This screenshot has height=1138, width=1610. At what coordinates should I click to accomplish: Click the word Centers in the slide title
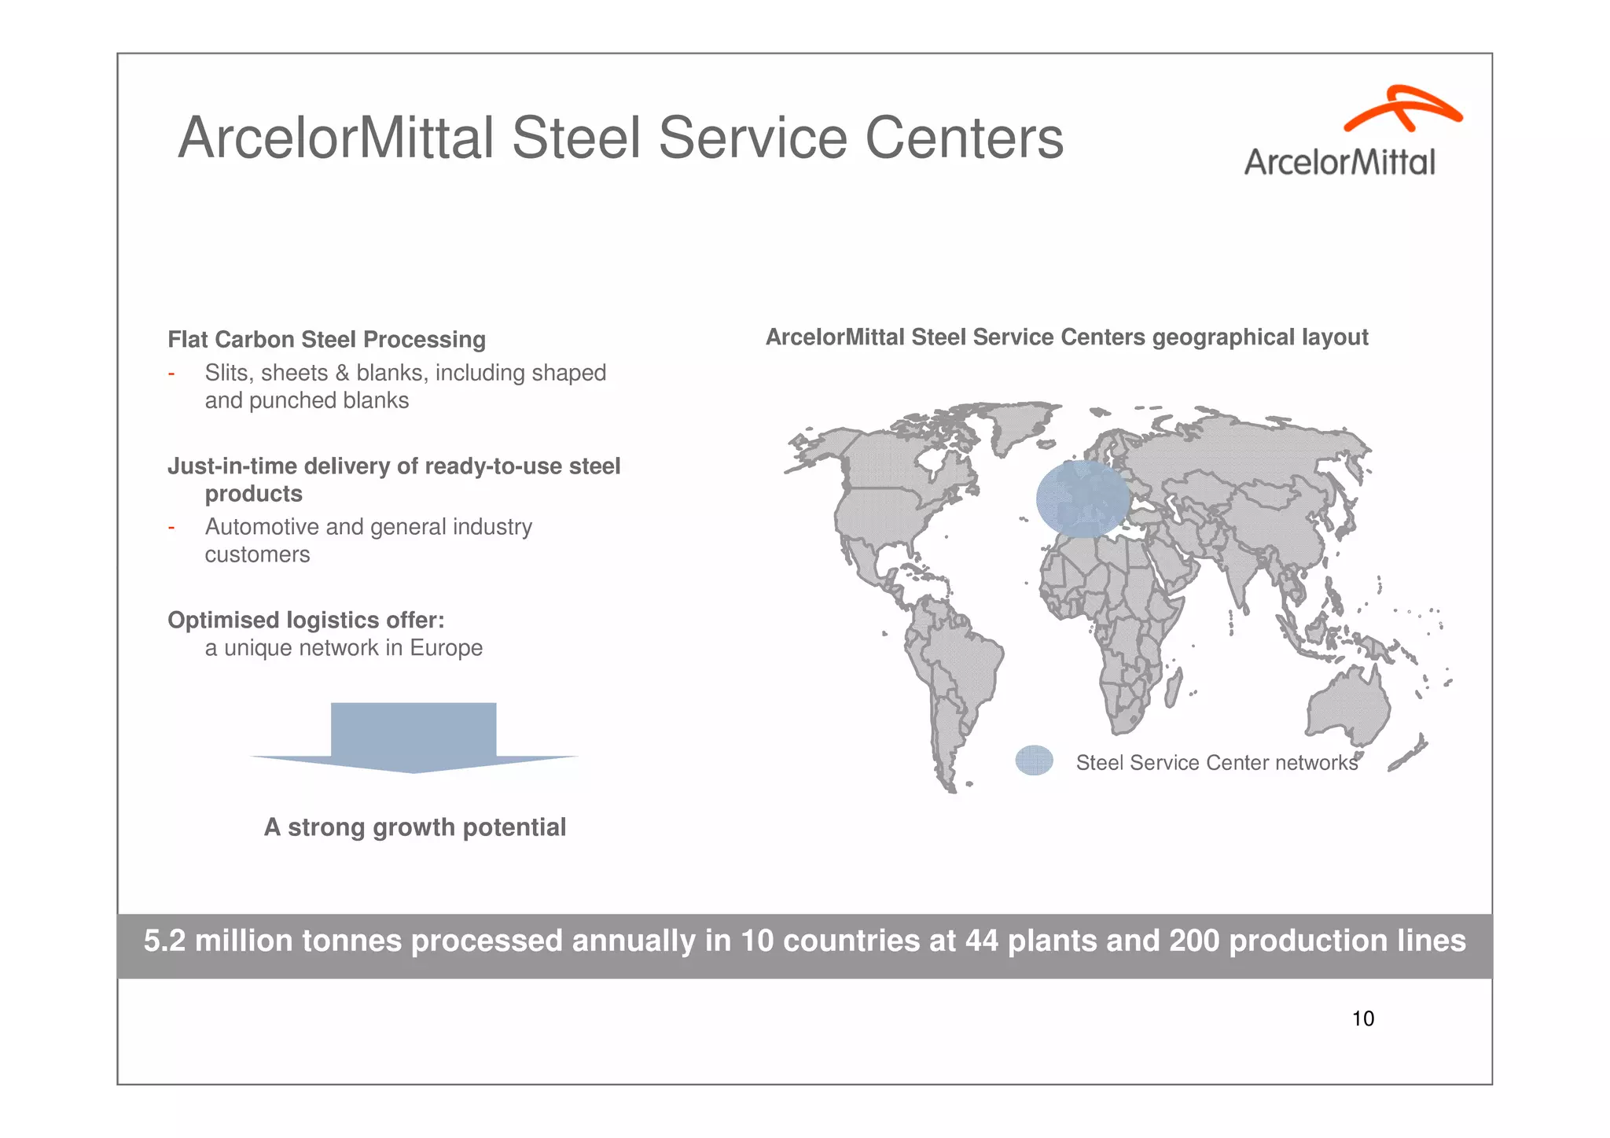pyautogui.click(x=964, y=138)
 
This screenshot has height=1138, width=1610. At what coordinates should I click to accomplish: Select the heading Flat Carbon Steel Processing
pyautogui.click(x=326, y=340)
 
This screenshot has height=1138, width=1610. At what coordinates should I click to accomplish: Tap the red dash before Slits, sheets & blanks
pyautogui.click(x=171, y=374)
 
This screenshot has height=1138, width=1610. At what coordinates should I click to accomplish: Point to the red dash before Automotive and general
pyautogui.click(x=171, y=528)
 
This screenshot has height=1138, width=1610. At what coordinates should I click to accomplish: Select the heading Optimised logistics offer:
pyautogui.click(x=306, y=621)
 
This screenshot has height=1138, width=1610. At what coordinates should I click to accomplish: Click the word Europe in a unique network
pyautogui.click(x=446, y=648)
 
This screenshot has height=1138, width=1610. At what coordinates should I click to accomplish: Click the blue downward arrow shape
pyautogui.click(x=414, y=735)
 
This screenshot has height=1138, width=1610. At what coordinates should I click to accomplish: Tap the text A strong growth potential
pyautogui.click(x=414, y=827)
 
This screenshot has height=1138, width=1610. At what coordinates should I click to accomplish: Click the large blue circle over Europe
pyautogui.click(x=1082, y=499)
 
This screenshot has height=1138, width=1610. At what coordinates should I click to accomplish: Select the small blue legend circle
pyautogui.click(x=1034, y=761)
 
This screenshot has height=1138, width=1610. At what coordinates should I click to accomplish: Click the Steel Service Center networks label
pyautogui.click(x=1216, y=763)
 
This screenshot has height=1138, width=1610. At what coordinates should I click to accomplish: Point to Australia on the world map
pyautogui.click(x=1346, y=708)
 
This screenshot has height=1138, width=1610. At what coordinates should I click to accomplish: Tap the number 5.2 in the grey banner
pyautogui.click(x=164, y=941)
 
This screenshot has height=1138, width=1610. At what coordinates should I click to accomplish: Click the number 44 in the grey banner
pyautogui.click(x=981, y=941)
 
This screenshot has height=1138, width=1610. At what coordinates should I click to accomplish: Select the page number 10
pyautogui.click(x=1362, y=1019)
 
